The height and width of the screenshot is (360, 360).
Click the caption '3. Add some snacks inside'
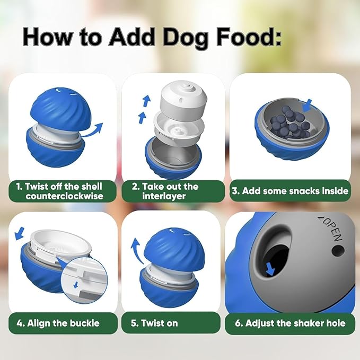click(x=290, y=191)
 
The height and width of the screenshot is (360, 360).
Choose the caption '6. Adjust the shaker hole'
click(x=290, y=323)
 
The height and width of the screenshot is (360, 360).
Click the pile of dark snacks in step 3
click(x=289, y=124)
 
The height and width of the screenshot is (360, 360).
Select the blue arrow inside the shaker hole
click(x=270, y=269)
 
